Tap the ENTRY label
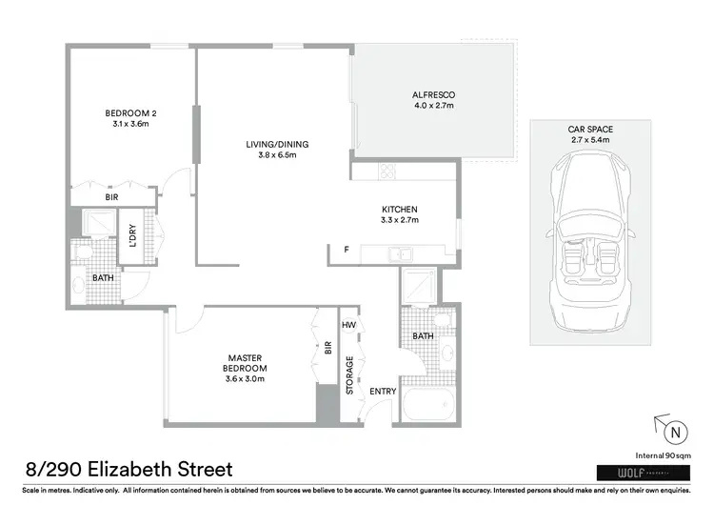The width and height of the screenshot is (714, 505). click(382, 392)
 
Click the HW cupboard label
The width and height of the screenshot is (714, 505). click(349, 325)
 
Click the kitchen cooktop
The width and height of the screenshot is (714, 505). click(387, 172)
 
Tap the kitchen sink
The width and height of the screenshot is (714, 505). click(402, 253)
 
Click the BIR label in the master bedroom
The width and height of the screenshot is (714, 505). click(327, 348)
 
